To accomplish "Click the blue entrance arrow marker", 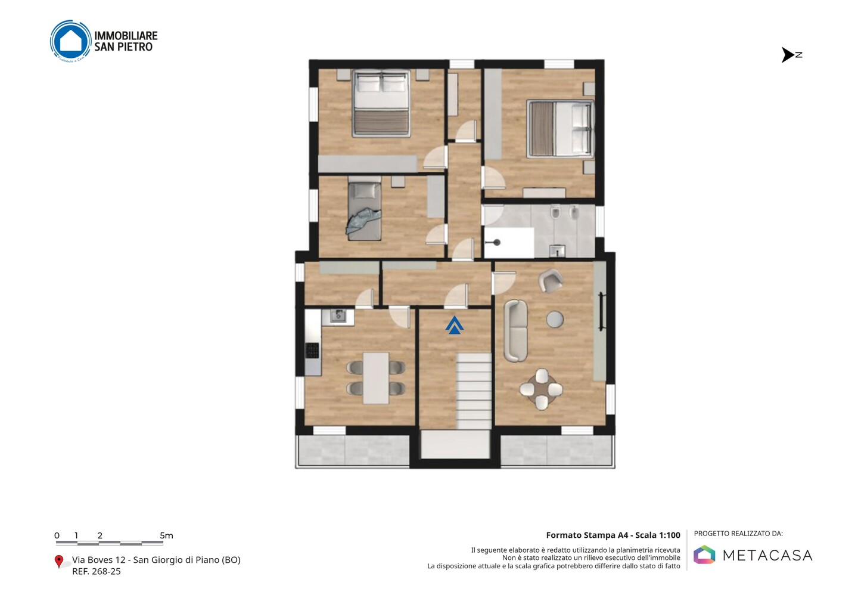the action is coord(454,325).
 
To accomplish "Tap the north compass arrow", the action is coord(788,55).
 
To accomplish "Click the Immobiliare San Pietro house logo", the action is coord(71,41).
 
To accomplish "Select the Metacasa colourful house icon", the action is coord(704,555).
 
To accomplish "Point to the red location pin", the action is coord(58,562).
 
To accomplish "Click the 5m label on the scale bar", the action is coord(166,535).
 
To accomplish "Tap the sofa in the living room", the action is coord(515,331).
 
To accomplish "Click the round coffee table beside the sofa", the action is coord(555,319).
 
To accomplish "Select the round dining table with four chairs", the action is coord(541,389).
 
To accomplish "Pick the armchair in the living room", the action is coord(551,280).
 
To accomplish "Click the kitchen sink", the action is coord(338,316).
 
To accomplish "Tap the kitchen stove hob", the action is coord(312,350).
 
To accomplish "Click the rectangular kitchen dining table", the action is coord(376,378).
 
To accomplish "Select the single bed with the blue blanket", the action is coord(364,211).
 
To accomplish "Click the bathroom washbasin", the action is coord(557,251).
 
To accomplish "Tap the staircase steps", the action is coord(474,391).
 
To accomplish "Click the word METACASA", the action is coord(767,555).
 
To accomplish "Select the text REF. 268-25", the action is coord(97,571).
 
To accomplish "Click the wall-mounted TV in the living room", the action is coord(601,311).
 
